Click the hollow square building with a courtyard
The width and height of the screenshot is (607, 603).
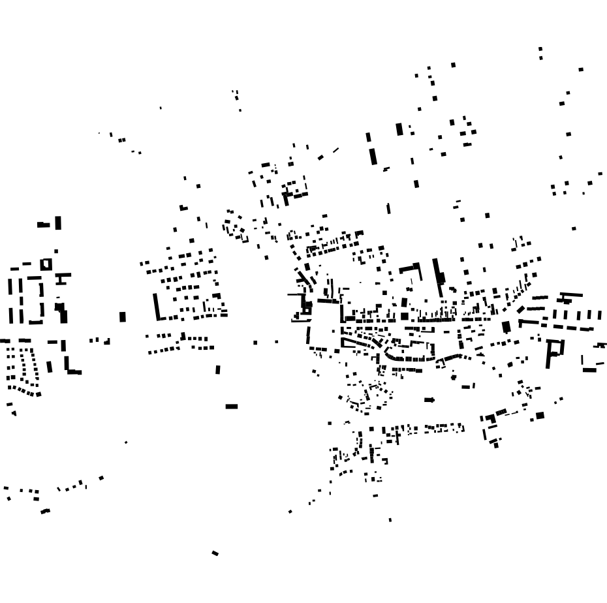[46, 264]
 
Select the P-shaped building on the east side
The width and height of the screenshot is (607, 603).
[554, 351]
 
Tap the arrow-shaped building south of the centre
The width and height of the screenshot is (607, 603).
[429, 400]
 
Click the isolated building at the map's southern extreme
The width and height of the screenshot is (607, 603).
[215, 553]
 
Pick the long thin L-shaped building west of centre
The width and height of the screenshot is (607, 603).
[158, 308]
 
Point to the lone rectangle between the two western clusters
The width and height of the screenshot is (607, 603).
[122, 317]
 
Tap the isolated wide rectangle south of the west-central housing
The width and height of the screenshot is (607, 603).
[232, 407]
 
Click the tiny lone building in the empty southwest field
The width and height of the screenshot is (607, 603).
[126, 442]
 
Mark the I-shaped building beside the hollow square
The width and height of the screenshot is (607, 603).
[61, 279]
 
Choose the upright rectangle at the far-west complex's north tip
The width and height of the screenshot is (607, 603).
[58, 223]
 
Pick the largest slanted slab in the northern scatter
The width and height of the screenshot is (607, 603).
[373, 157]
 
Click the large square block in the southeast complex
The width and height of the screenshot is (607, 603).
[540, 416]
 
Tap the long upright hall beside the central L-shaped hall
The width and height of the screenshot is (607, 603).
[437, 277]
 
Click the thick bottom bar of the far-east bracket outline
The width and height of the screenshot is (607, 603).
[590, 370]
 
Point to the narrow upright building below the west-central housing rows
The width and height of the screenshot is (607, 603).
[218, 370]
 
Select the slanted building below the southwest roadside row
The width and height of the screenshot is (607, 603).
[45, 511]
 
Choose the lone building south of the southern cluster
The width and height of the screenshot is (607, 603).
[390, 520]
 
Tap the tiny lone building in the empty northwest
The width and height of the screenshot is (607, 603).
[161, 108]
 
